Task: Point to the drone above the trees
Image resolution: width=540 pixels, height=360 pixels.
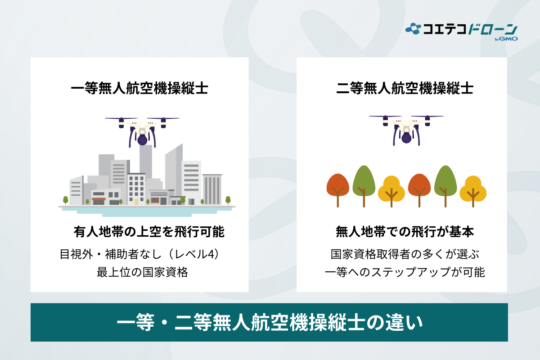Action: click(x=406, y=128)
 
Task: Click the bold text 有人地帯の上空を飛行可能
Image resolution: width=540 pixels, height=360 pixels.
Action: click(x=148, y=232)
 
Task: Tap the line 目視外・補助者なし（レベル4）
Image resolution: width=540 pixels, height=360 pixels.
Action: click(x=139, y=254)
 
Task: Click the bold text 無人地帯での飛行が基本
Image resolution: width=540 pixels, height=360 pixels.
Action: click(x=405, y=232)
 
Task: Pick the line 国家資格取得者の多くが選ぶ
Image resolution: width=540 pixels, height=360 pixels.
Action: click(x=405, y=254)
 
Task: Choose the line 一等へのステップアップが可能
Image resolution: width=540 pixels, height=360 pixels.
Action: click(x=405, y=272)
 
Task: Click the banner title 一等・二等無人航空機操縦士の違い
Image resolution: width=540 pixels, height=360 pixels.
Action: click(x=270, y=323)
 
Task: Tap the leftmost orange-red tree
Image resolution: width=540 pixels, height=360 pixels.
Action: click(x=338, y=187)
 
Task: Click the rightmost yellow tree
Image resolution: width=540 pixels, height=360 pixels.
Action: click(x=473, y=189)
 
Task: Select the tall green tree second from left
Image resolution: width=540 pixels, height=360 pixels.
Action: click(x=364, y=182)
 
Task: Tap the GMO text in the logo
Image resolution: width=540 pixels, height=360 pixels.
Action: click(x=510, y=39)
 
